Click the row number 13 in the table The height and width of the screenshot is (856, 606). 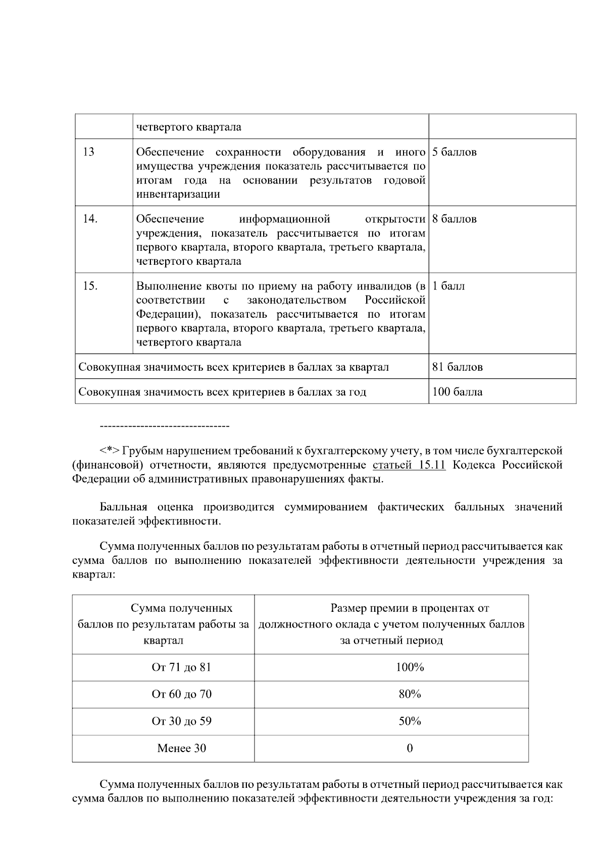click(x=88, y=152)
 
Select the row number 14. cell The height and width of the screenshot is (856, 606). click(x=90, y=219)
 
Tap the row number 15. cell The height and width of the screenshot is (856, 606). click(x=90, y=287)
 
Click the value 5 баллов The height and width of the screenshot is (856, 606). click(x=454, y=152)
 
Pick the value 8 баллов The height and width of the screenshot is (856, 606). click(x=454, y=219)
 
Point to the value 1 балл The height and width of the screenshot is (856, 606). click(x=448, y=287)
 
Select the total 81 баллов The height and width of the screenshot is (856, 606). click(x=457, y=367)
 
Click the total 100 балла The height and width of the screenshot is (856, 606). click(x=457, y=392)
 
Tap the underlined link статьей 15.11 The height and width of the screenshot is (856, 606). click(x=409, y=465)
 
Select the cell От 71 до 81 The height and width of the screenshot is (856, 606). click(x=181, y=667)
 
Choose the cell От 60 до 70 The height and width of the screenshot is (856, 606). click(x=181, y=694)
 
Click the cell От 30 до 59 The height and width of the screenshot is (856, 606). click(x=181, y=721)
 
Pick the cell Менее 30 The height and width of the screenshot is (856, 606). click(x=181, y=748)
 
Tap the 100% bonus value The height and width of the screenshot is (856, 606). click(x=410, y=667)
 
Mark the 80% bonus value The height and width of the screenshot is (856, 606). click(x=410, y=694)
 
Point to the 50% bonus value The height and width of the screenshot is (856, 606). click(x=410, y=721)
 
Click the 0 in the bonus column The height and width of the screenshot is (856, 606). click(x=410, y=748)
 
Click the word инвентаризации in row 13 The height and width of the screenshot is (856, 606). click(x=178, y=195)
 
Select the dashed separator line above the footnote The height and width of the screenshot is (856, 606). click(x=165, y=427)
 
